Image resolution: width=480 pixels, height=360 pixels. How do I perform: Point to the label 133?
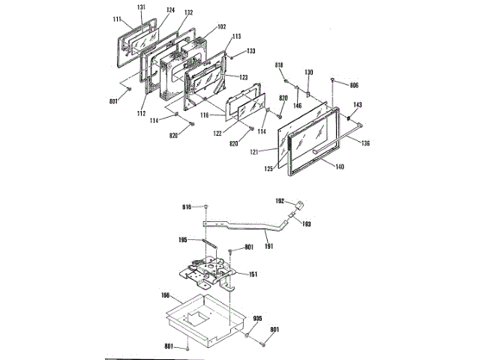pyautogui.click(x=250, y=51)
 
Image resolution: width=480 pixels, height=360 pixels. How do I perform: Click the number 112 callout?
pyautogui.click(x=141, y=113)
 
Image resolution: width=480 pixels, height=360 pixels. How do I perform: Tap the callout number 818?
pyautogui.click(x=279, y=67)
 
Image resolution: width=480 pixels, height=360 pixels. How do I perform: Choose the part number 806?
pyautogui.click(x=354, y=86)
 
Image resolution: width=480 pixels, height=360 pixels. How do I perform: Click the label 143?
pyautogui.click(x=358, y=106)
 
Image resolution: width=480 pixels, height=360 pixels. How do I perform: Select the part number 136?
pyautogui.click(x=365, y=143)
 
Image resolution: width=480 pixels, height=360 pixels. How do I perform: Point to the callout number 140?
pyautogui.click(x=340, y=166)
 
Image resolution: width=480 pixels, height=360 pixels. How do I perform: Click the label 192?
pyautogui.click(x=280, y=201)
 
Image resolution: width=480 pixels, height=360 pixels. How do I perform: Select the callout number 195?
pyautogui.click(x=182, y=240)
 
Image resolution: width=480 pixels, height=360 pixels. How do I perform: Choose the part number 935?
pyautogui.click(x=256, y=319)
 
